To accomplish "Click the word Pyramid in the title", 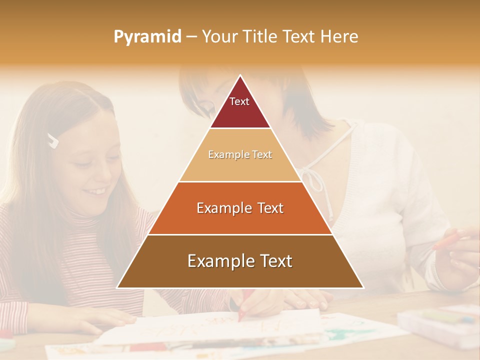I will [x=147, y=37].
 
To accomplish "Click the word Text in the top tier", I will [x=239, y=101].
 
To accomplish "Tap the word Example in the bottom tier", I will [x=218, y=261].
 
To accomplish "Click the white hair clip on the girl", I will [x=53, y=140].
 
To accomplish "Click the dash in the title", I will [x=191, y=37].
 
